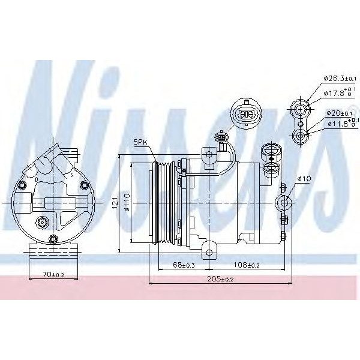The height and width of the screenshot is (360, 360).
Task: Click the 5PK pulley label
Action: click(x=140, y=142)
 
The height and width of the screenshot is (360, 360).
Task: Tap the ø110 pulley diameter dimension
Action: click(x=127, y=205)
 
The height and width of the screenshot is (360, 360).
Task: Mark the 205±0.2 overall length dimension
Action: click(x=221, y=280)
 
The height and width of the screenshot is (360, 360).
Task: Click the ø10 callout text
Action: click(x=304, y=178)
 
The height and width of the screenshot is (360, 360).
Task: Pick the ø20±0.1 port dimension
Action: click(x=340, y=112)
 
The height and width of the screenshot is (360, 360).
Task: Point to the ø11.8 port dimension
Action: click(x=340, y=124)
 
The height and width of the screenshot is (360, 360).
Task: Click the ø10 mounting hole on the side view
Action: click(x=284, y=202)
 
